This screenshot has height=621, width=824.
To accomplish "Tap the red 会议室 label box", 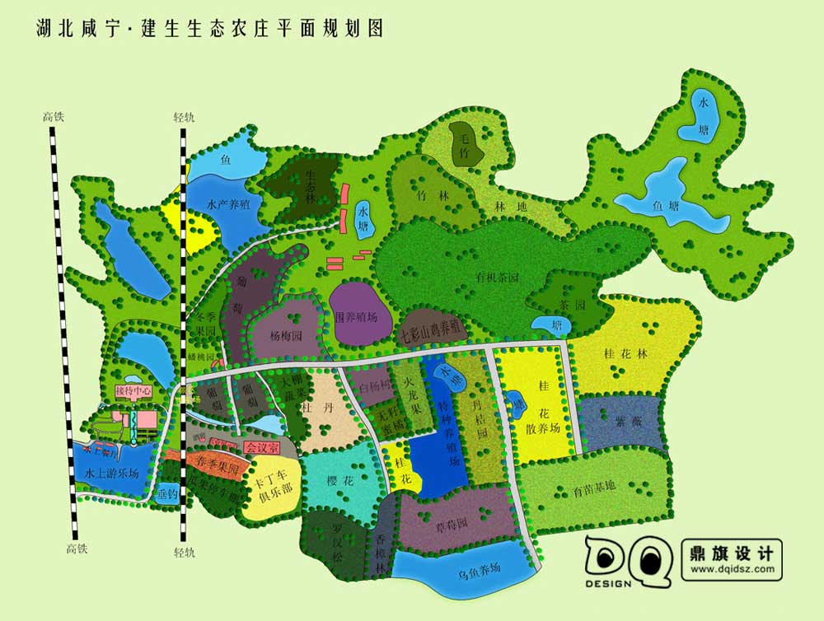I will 262,447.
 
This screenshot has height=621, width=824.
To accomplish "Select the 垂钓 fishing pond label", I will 167,494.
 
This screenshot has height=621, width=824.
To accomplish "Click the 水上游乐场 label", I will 112,474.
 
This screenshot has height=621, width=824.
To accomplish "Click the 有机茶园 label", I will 497,278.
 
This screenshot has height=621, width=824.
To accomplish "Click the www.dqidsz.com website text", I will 733,568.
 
